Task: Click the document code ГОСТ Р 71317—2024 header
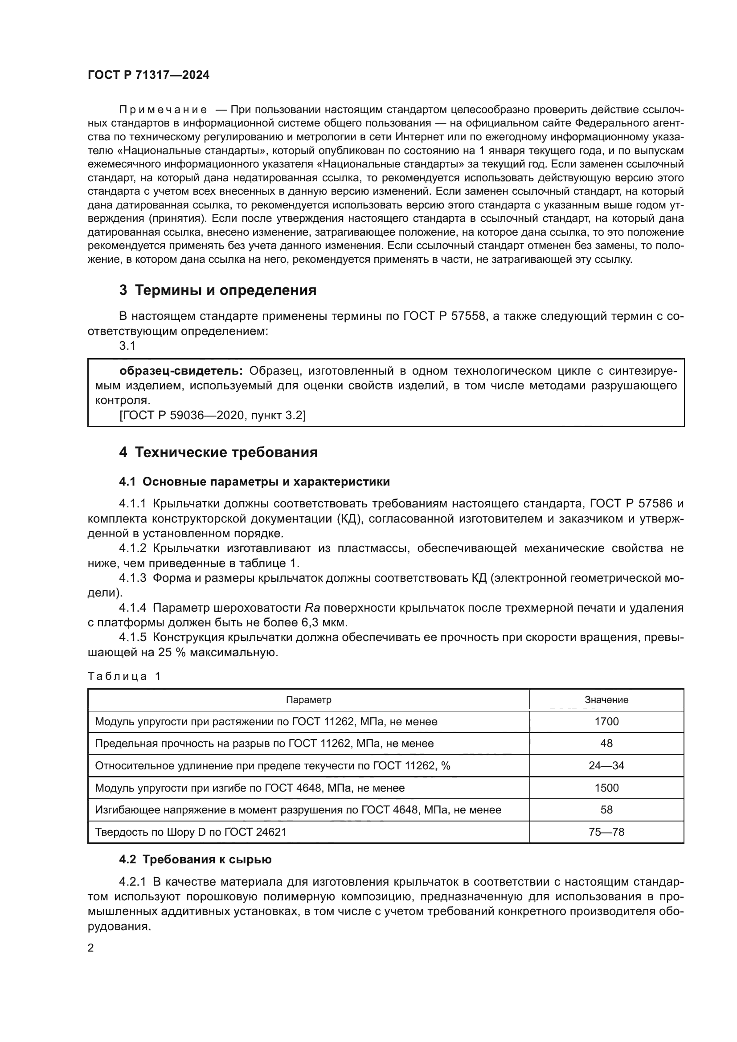148,75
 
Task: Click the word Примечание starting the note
163,110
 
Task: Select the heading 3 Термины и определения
217,290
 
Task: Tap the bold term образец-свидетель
180,371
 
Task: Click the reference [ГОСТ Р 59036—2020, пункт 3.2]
212,415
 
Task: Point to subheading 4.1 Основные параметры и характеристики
254,482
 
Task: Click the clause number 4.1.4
132,608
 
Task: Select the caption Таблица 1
124,676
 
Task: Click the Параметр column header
309,699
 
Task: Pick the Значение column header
606,699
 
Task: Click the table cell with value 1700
606,722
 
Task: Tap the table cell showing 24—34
606,766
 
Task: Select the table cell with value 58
606,809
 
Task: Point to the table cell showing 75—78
606,832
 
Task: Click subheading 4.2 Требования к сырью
195,859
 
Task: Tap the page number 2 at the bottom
91,948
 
